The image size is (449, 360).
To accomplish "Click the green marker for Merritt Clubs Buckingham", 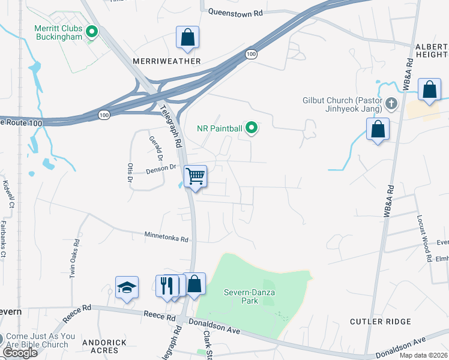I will point(92,32).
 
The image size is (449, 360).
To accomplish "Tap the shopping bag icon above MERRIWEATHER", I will point(188,37).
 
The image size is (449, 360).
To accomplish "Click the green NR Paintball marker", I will point(253,127).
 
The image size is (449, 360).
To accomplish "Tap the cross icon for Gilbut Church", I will point(391,104).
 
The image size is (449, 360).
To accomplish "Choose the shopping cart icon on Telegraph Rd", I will point(195,176).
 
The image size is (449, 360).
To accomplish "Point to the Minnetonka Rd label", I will point(166,239).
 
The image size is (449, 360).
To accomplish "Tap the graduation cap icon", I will point(127,288).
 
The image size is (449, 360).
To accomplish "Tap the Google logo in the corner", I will point(19,353).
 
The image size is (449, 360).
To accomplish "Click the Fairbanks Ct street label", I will point(3,239).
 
